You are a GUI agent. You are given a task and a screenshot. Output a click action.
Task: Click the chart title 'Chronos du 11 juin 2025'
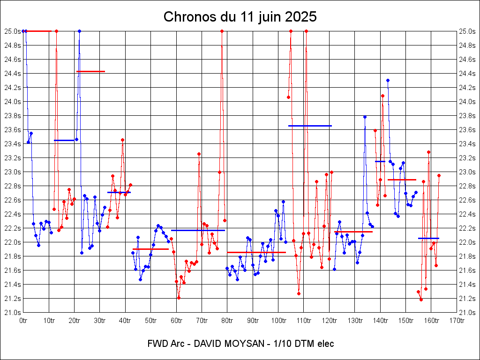(x=240, y=17)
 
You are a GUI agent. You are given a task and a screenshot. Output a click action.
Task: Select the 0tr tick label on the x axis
(x=23, y=321)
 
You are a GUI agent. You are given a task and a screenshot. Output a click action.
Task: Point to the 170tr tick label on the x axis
(x=457, y=321)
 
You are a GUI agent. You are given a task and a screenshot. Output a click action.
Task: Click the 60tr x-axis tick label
(x=176, y=321)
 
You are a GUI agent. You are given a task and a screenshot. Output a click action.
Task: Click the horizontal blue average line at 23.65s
(x=310, y=126)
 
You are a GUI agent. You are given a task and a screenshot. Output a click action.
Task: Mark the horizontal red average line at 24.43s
(x=90, y=71)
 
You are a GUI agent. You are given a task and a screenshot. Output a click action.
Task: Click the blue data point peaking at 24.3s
(x=388, y=80)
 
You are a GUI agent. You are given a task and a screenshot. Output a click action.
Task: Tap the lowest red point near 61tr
(x=179, y=298)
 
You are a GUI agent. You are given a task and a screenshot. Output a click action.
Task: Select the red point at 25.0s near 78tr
(x=222, y=31)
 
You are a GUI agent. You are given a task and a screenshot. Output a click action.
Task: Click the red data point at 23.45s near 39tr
(x=122, y=140)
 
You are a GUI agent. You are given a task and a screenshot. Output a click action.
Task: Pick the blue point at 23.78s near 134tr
(x=365, y=117)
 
